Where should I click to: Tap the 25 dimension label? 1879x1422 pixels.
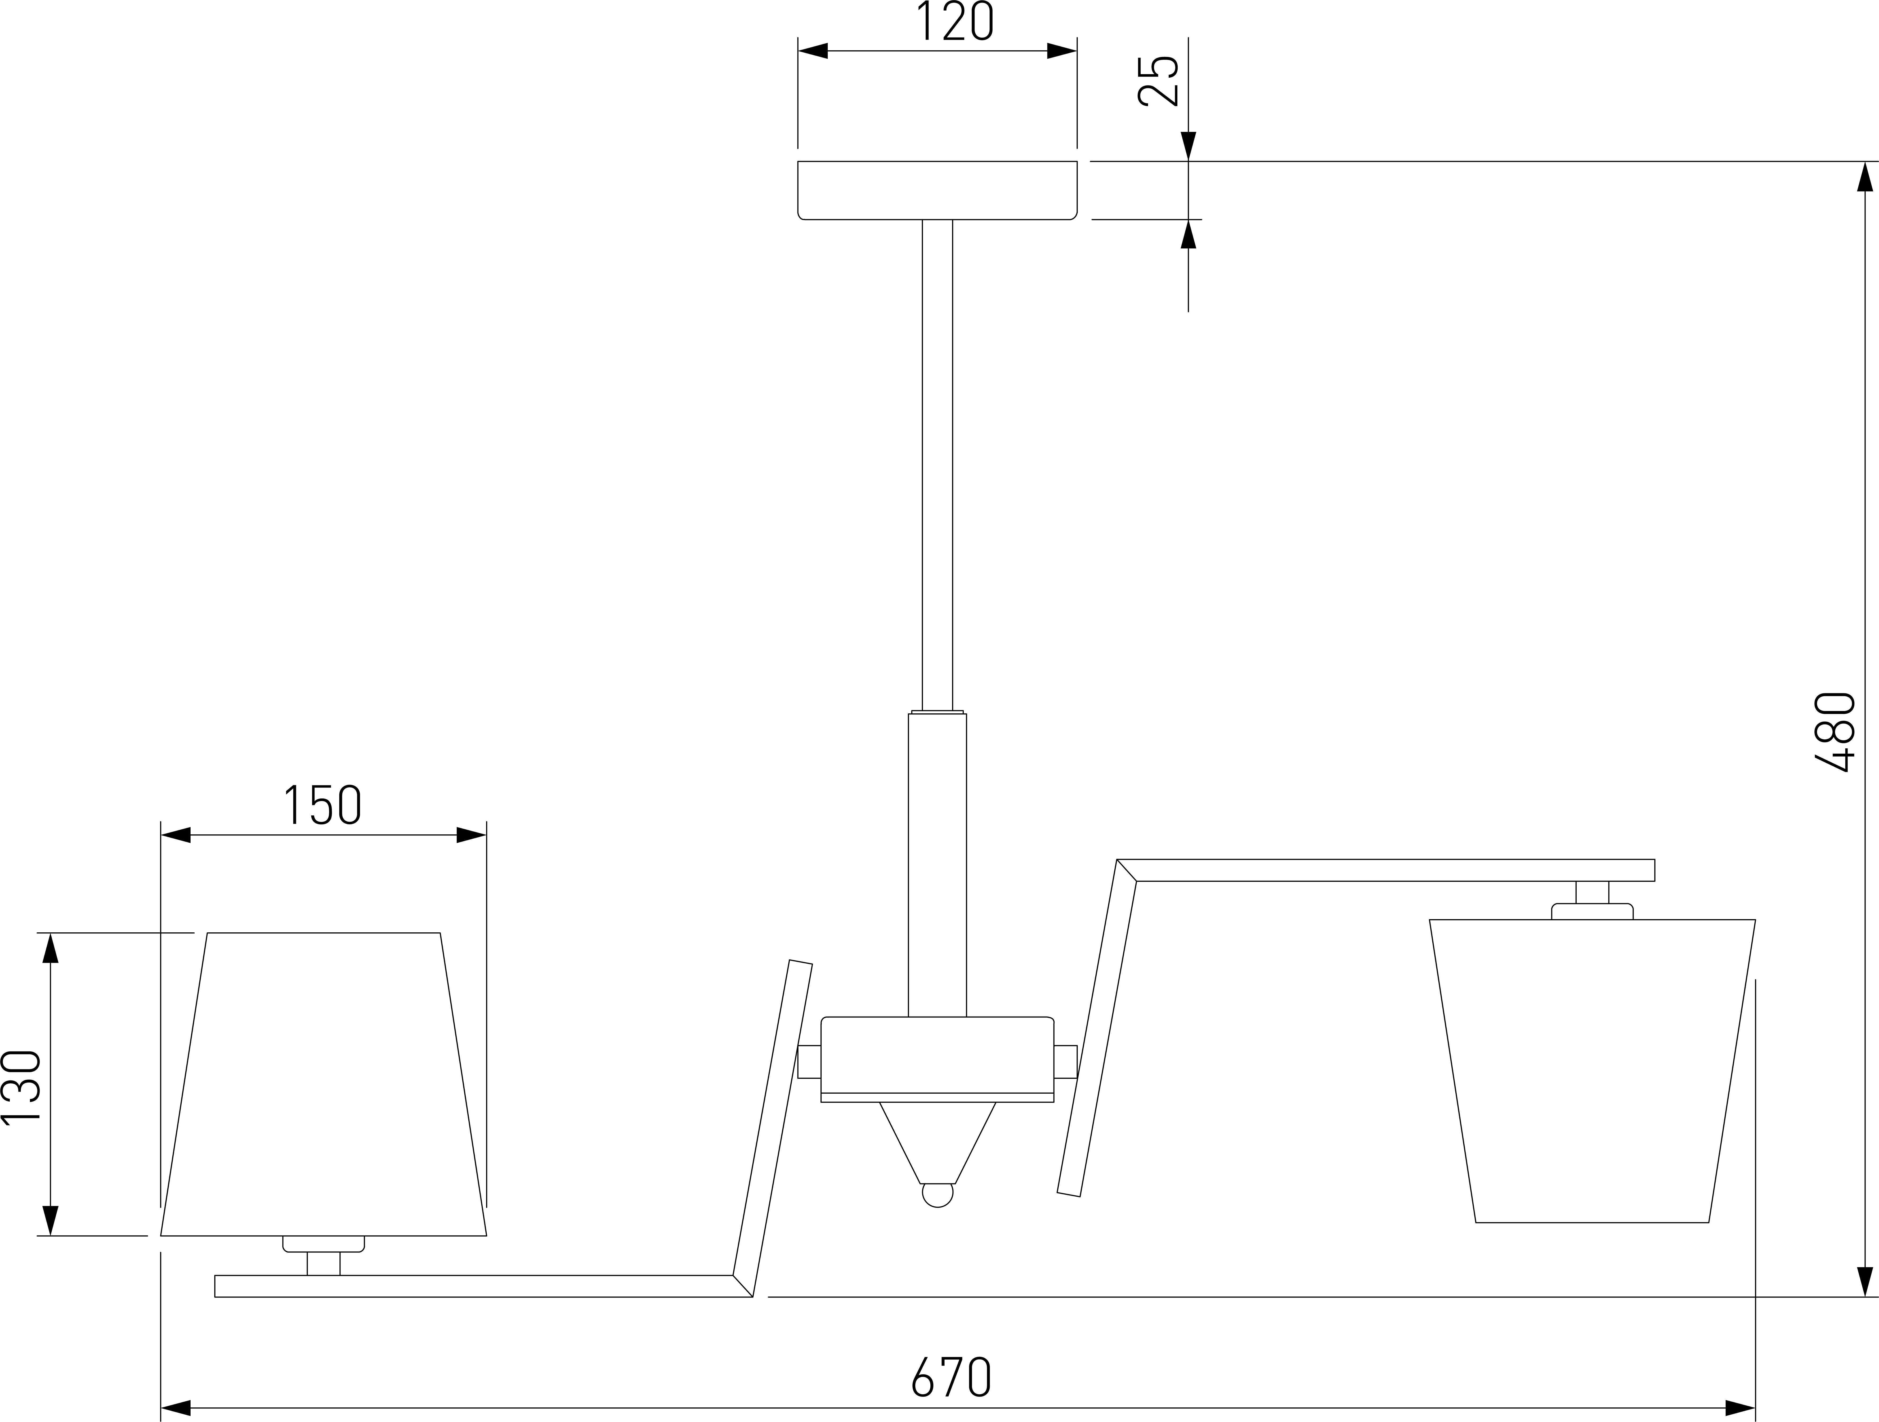1158,81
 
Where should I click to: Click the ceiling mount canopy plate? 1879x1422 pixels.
937,190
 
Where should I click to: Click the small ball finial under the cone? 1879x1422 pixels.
938,1194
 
